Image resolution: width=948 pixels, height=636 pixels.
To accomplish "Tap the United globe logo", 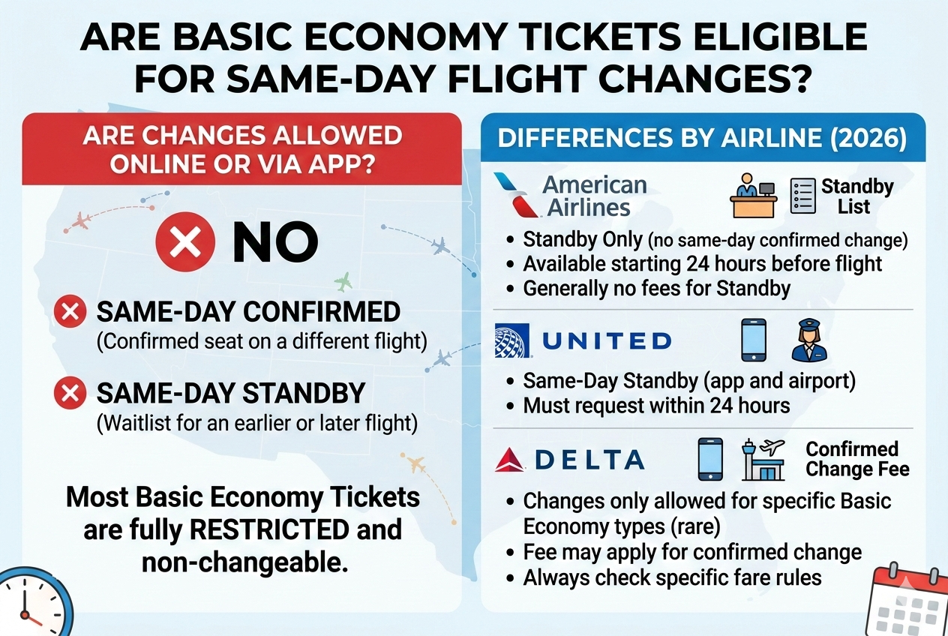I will click(512, 340).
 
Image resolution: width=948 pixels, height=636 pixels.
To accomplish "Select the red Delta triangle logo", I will click(510, 460).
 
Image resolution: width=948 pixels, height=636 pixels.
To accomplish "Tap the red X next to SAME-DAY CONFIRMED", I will click(70, 313).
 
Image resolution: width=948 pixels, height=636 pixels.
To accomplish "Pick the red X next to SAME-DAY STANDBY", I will click(70, 394).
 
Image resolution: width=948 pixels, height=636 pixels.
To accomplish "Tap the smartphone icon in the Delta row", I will click(710, 459).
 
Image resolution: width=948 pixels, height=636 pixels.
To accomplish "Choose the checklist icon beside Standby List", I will click(802, 196).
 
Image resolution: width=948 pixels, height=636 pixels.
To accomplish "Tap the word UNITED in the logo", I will click(606, 341).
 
